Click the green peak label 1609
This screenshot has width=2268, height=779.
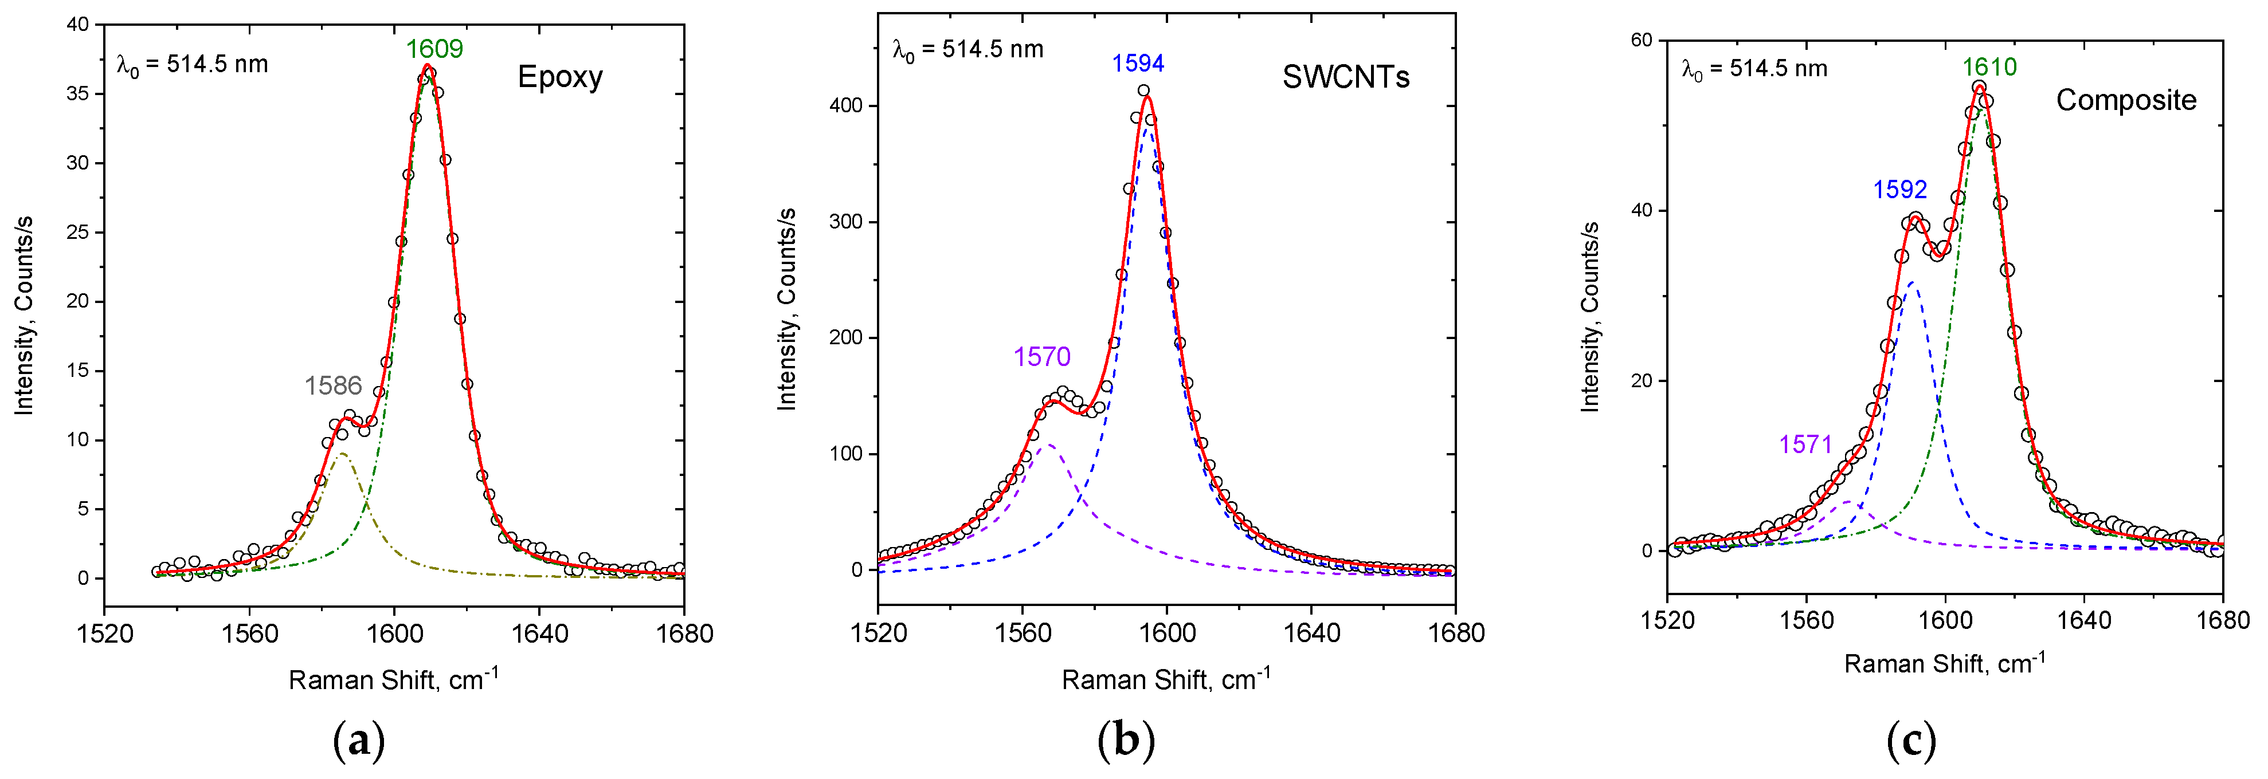pyautogui.click(x=434, y=49)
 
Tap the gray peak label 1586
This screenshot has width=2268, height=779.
pyautogui.click(x=333, y=385)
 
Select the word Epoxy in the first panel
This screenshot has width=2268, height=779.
pyautogui.click(x=560, y=77)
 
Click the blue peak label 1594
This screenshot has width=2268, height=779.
pyautogui.click(x=1138, y=64)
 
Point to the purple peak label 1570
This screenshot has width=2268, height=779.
pyautogui.click(x=1041, y=356)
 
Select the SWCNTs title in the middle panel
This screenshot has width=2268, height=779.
pyautogui.click(x=1345, y=77)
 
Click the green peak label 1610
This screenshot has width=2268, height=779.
pyautogui.click(x=1989, y=67)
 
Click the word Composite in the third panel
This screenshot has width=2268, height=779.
pyautogui.click(x=2125, y=100)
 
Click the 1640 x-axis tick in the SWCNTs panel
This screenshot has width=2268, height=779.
pyautogui.click(x=1311, y=633)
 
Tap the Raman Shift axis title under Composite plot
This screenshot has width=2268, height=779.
pyautogui.click(x=1944, y=663)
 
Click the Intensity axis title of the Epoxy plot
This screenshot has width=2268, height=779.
pyautogui.click(x=23, y=315)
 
